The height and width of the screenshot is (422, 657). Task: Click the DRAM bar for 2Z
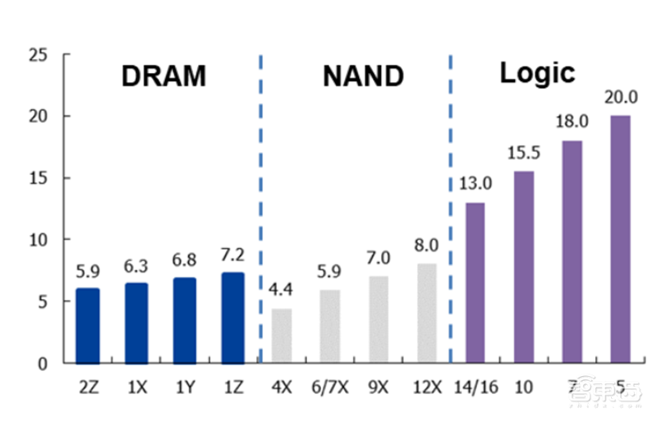coord(87,325)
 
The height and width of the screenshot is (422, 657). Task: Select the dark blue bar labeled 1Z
coord(232,318)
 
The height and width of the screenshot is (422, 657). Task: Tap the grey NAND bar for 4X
coord(282,335)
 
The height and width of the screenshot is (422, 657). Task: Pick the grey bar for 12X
coord(427,313)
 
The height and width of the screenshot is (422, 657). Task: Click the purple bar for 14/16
coord(475,282)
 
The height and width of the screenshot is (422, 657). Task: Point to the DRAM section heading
coord(163,76)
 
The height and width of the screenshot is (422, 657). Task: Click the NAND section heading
coord(363,76)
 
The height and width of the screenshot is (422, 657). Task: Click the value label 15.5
coord(524,154)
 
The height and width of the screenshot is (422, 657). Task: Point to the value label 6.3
coord(136,266)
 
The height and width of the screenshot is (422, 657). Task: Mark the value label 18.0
coord(572,123)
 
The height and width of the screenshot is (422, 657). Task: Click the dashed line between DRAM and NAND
coord(260,205)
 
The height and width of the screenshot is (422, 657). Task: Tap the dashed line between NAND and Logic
coord(451,205)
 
